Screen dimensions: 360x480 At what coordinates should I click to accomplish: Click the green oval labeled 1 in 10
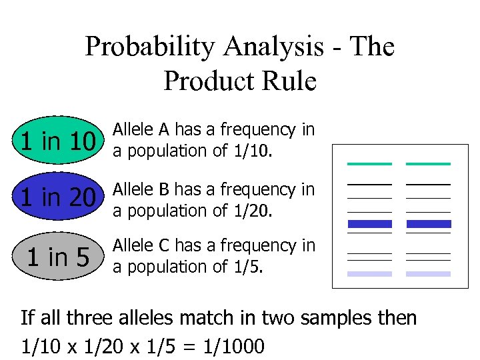pyautogui.click(x=58, y=141)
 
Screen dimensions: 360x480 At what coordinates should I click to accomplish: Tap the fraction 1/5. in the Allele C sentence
pyautogui.click(x=247, y=267)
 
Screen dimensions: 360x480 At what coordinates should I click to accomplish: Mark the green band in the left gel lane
pyautogui.click(x=369, y=164)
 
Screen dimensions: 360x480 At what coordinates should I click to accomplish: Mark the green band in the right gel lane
pyautogui.click(x=428, y=164)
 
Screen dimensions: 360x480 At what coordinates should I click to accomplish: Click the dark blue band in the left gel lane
pyautogui.click(x=369, y=224)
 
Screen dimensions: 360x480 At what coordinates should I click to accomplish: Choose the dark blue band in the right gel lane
pyautogui.click(x=428, y=224)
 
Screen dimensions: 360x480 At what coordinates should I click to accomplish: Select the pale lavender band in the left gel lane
pyautogui.click(x=369, y=274)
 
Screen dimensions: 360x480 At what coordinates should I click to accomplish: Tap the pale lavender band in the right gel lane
pyautogui.click(x=428, y=274)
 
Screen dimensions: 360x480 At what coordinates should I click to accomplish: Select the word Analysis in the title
pyautogui.click(x=274, y=47)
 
